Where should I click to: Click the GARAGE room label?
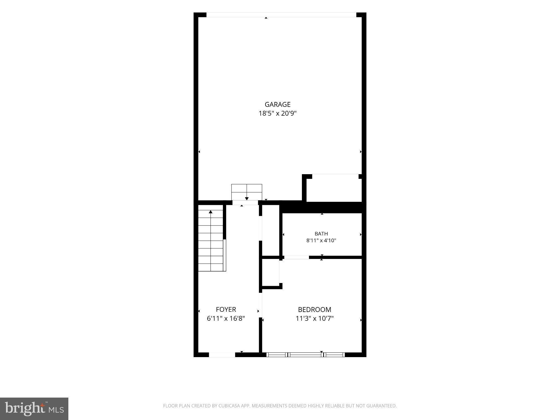(x=278, y=104)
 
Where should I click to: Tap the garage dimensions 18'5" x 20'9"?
(x=278, y=113)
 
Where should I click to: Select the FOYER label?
(x=226, y=309)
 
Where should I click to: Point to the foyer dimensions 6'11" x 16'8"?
(x=226, y=318)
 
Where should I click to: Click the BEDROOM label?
(x=314, y=310)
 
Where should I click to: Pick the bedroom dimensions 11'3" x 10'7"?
(x=315, y=318)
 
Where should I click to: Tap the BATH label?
(x=321, y=234)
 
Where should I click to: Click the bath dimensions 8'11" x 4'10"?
(x=321, y=241)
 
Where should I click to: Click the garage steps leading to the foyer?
(x=247, y=192)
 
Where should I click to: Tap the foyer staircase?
(x=212, y=240)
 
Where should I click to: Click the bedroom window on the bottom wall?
(x=305, y=355)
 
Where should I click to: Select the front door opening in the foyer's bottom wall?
(x=222, y=355)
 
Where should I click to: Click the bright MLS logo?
(x=34, y=409)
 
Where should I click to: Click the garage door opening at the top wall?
(x=281, y=15)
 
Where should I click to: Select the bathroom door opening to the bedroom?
(x=297, y=257)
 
